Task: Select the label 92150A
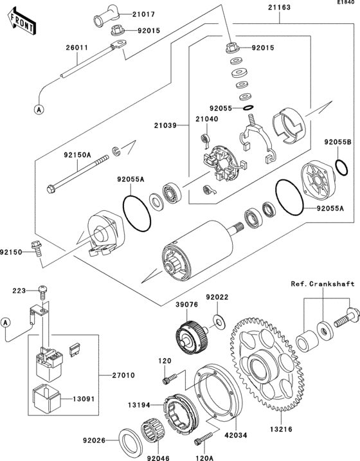pos(76,155)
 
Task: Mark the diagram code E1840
pos(345,4)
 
